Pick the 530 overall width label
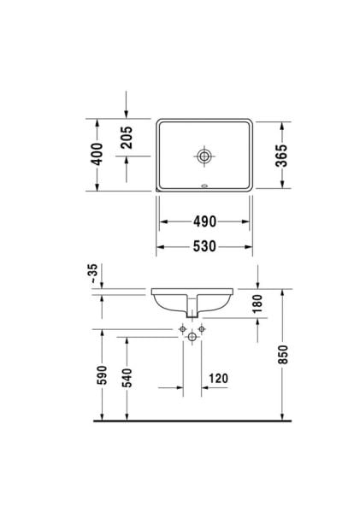point(204,247)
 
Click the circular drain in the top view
point(204,156)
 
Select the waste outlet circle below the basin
point(192,338)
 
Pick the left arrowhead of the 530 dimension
point(160,247)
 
